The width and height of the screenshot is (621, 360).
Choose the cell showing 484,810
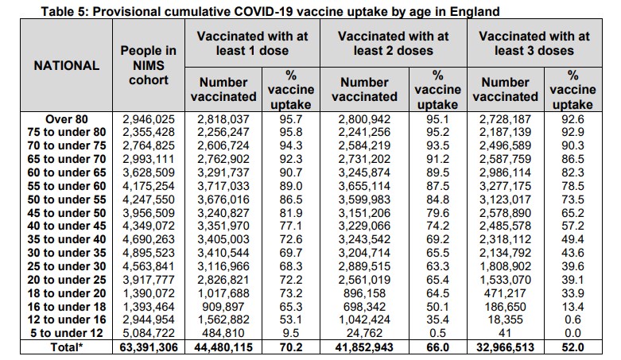224,335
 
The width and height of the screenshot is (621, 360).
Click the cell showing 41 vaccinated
505,335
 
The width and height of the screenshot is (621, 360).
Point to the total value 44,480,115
224,348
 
